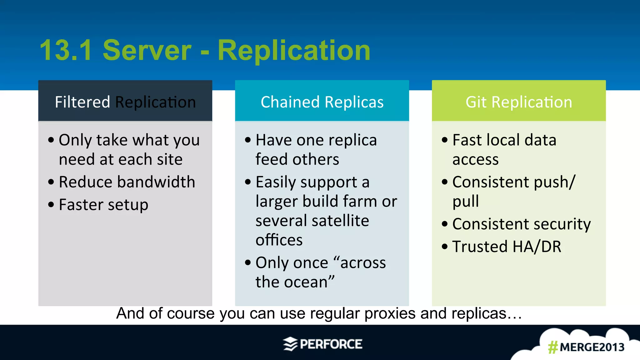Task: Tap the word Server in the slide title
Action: coord(147,51)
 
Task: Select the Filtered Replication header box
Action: coord(125,101)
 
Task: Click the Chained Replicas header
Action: coord(322,101)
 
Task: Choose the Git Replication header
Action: coord(519,101)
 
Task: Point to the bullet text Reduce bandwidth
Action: coord(127,182)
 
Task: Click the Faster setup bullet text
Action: coord(103,205)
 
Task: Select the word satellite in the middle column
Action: coord(340,221)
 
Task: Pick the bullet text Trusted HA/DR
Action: coord(507,247)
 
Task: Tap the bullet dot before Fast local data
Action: coord(445,140)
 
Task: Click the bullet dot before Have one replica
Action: coord(248,140)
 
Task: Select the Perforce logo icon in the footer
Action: coord(290,344)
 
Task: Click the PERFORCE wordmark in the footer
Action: coord(331,344)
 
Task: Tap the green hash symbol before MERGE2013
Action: coord(553,347)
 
